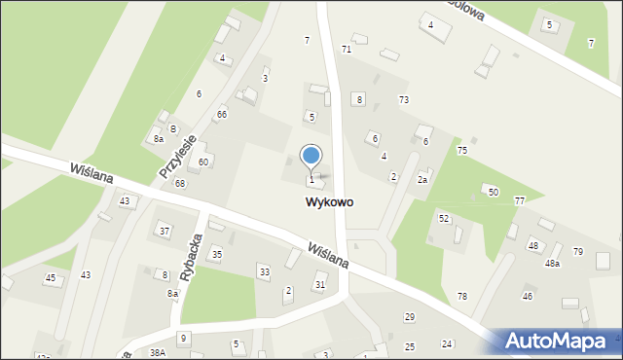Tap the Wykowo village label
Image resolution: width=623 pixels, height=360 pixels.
pyautogui.click(x=329, y=202)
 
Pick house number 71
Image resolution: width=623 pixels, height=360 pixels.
pyautogui.click(x=346, y=49)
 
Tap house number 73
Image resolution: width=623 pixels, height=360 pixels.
pyautogui.click(x=403, y=100)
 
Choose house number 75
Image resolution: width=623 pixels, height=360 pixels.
pyautogui.click(x=462, y=150)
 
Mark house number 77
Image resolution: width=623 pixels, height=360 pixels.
pyautogui.click(x=520, y=200)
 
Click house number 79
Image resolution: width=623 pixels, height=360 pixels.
pyautogui.click(x=578, y=252)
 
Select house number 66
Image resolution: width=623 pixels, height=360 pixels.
pyautogui.click(x=222, y=115)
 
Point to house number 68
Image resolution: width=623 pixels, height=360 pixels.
pyautogui.click(x=180, y=183)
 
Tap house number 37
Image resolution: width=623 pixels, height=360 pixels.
pyautogui.click(x=165, y=231)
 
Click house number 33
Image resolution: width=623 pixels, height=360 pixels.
pyautogui.click(x=264, y=271)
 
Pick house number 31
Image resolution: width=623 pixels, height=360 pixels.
pyautogui.click(x=319, y=284)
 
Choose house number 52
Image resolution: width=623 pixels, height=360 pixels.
pyautogui.click(x=444, y=218)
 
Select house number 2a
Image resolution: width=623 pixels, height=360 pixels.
pyautogui.click(x=422, y=179)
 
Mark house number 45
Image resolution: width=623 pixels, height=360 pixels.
pyautogui.click(x=51, y=278)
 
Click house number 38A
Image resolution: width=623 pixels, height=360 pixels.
pyautogui.click(x=158, y=352)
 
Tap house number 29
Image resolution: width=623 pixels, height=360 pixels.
pyautogui.click(x=410, y=317)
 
